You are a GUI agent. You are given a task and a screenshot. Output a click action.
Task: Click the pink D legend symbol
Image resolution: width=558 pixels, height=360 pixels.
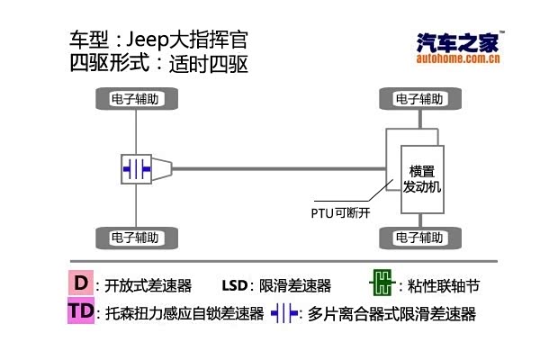coord(81,284)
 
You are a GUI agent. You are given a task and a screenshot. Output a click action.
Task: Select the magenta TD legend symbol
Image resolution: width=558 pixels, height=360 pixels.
coord(81,311)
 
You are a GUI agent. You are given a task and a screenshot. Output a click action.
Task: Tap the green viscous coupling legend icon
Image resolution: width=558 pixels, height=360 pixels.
coord(382,285)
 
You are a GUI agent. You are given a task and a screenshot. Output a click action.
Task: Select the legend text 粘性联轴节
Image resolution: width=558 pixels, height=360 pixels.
coord(445,286)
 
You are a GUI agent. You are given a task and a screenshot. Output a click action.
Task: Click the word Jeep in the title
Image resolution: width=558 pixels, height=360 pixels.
coord(148,41)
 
